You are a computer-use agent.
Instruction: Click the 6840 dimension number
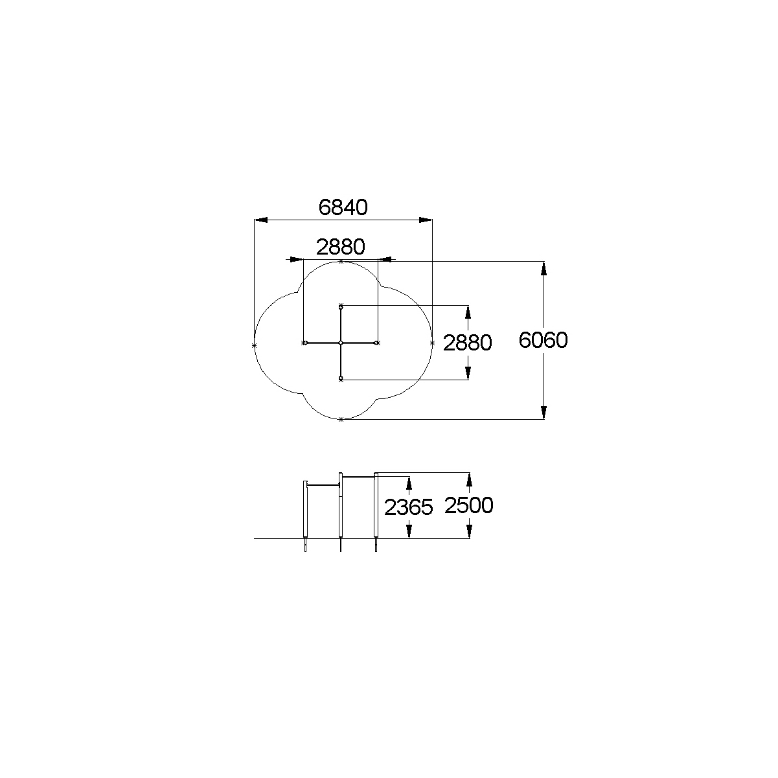[343, 207]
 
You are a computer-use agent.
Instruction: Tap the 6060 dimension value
[543, 340]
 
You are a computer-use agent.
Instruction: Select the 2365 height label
[408, 507]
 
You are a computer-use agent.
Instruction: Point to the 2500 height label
[469, 505]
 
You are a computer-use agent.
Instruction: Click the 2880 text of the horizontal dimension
[340, 247]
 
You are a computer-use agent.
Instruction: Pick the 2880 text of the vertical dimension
[468, 343]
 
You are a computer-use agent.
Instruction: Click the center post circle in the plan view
[341, 343]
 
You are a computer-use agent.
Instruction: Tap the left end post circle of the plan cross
[306, 343]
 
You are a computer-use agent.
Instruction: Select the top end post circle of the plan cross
[341, 308]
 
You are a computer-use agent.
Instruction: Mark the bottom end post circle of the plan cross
[341, 378]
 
